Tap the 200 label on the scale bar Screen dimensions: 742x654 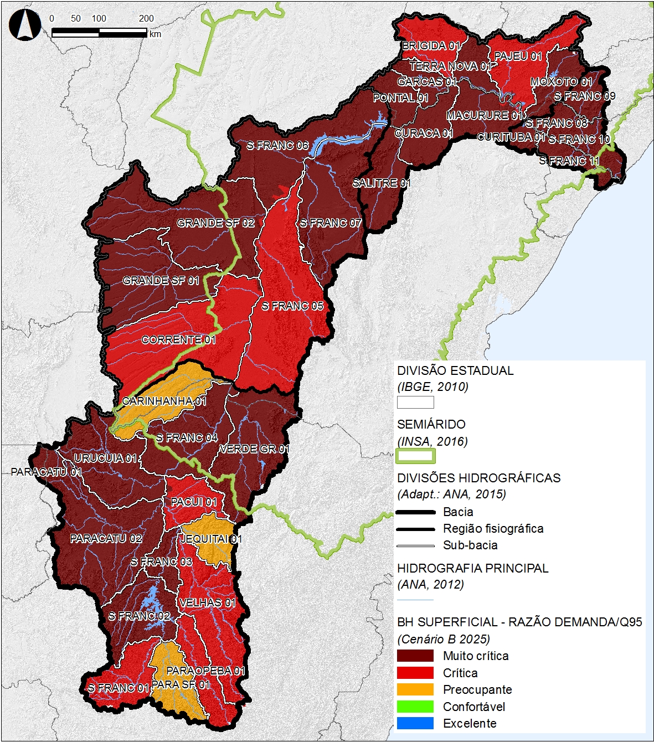pyautogui.click(x=146, y=18)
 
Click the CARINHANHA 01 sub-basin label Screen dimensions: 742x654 pyautogui.click(x=164, y=401)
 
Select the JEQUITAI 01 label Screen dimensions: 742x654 pyautogui.click(x=211, y=539)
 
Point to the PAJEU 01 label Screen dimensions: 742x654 pyautogui.click(x=518, y=56)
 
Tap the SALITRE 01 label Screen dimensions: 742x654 pyautogui.click(x=382, y=183)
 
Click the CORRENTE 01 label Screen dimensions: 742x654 pyautogui.click(x=178, y=339)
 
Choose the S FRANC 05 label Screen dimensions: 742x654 pyautogui.click(x=292, y=306)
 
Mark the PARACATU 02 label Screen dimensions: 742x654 pyautogui.click(x=106, y=538)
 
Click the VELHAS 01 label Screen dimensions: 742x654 pyautogui.click(x=208, y=602)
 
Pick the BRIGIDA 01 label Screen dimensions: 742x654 pyautogui.click(x=431, y=45)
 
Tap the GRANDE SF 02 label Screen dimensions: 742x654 pyautogui.click(x=215, y=223)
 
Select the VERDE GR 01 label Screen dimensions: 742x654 pyautogui.click(x=254, y=449)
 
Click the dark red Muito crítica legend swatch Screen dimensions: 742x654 pyautogui.click(x=415, y=656)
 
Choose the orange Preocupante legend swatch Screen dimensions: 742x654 pyautogui.click(x=415, y=689)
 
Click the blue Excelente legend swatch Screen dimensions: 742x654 pyautogui.click(x=415, y=723)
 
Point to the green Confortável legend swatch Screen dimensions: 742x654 pyautogui.click(x=415, y=707)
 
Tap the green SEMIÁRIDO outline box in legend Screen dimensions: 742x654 pyautogui.click(x=415, y=456)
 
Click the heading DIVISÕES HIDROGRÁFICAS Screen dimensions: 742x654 pyautogui.click(x=478, y=478)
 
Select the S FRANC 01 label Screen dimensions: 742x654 pyautogui.click(x=119, y=688)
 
